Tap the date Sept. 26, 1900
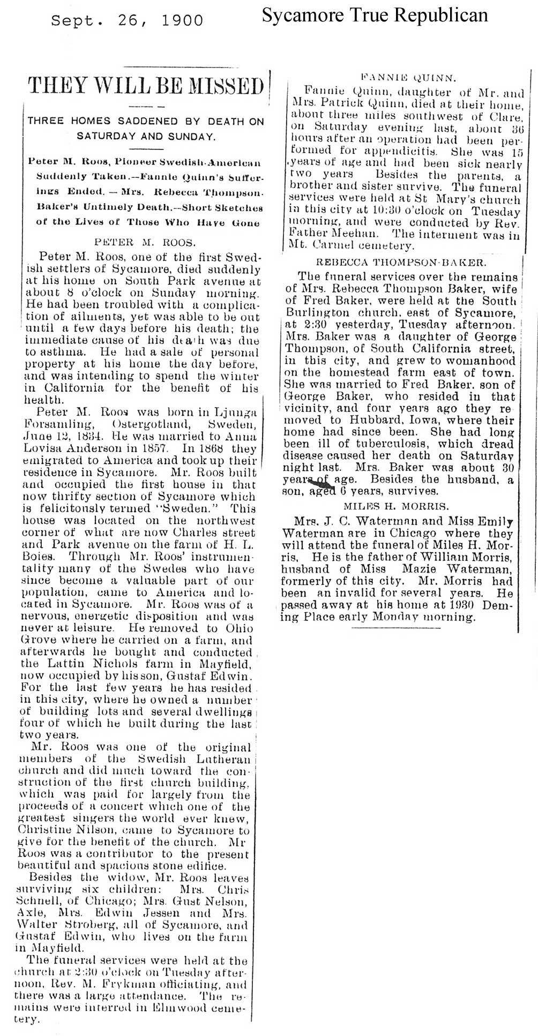coord(127,20)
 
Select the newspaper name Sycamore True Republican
coord(375,16)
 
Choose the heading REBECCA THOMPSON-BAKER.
coord(401,262)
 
